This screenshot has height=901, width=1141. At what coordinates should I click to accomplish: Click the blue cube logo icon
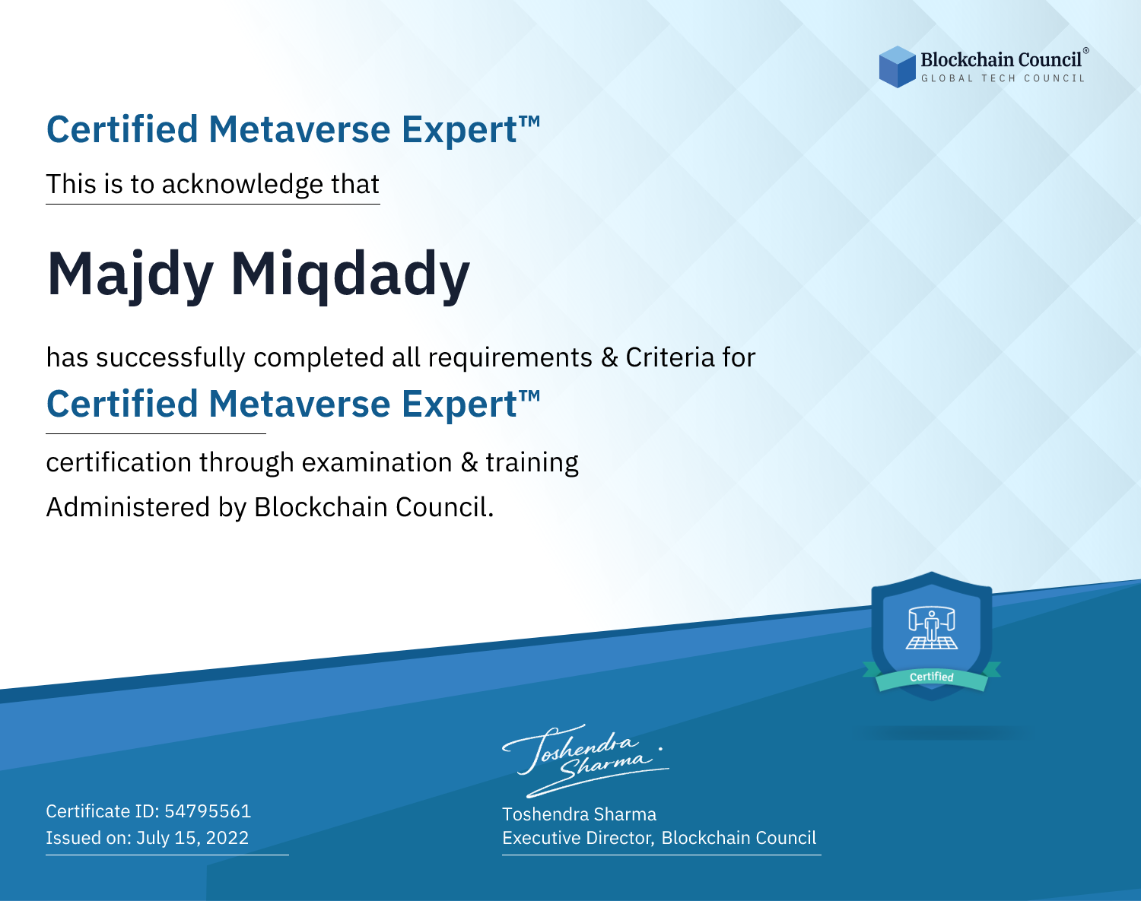897,67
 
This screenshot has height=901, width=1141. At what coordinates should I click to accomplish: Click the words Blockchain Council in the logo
1001,59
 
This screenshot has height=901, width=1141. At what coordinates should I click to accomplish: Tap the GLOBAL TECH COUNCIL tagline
1003,78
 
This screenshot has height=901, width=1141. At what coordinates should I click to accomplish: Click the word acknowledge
243,185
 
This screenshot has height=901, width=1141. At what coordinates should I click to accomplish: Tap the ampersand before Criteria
609,357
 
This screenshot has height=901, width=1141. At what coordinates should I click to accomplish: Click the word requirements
510,358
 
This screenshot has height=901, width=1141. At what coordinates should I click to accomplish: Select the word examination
377,462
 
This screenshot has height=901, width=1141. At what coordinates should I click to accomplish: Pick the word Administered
129,506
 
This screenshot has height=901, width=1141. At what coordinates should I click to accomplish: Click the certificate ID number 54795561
208,811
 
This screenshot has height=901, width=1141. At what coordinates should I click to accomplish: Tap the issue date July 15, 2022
192,838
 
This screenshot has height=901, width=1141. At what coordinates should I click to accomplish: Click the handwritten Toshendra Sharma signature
586,761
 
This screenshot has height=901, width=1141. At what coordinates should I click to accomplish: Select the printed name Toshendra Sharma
579,814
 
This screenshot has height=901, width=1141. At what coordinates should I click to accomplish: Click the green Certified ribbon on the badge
932,677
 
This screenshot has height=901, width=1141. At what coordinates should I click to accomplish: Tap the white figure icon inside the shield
932,628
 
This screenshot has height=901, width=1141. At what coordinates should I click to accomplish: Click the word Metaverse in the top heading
300,129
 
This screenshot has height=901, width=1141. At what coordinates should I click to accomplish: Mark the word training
532,462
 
